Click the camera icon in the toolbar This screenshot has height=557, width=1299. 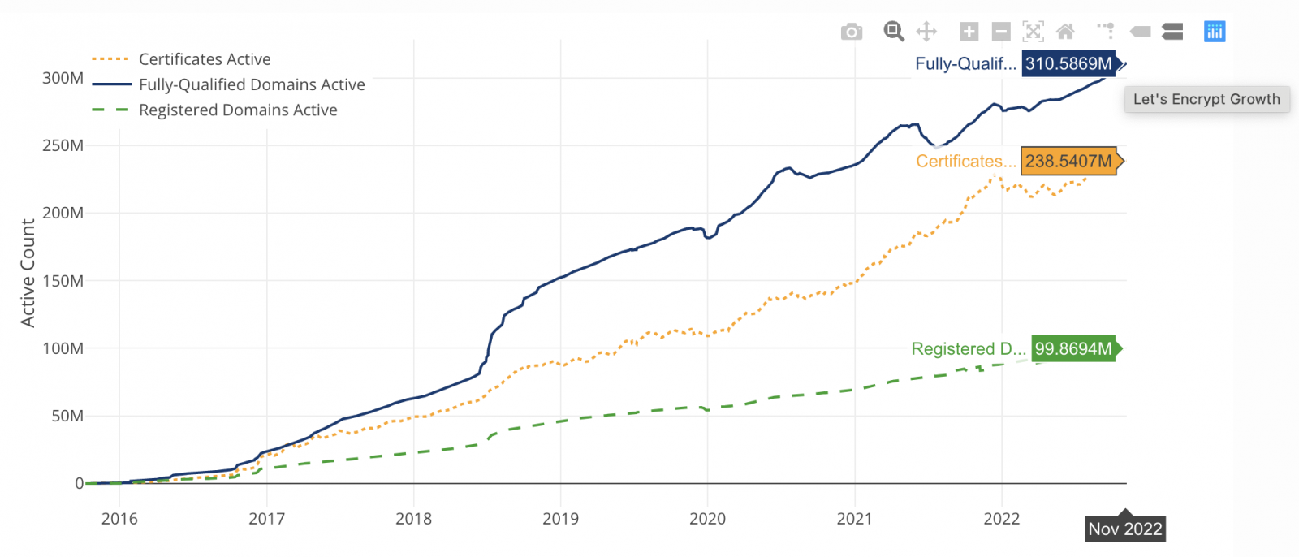click(851, 32)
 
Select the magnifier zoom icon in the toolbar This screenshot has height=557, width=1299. click(894, 32)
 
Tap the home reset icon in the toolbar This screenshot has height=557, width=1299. click(1065, 32)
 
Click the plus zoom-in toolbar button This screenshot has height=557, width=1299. click(969, 32)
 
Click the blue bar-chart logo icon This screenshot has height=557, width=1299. click(1215, 32)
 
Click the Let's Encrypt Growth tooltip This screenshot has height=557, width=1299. click(1206, 99)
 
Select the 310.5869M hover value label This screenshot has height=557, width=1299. click(1068, 63)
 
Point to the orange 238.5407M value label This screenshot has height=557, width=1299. click(1068, 161)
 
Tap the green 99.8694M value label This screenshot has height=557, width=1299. click(1072, 348)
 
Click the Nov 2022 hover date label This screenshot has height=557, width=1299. click(1125, 529)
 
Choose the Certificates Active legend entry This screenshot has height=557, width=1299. click(205, 59)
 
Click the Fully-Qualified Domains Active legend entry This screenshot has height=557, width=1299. click(252, 84)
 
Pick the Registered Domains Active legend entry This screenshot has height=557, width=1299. click(238, 110)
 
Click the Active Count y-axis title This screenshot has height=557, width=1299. click(28, 273)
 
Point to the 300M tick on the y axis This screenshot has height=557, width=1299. click(63, 78)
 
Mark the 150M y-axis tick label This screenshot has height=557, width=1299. click(63, 281)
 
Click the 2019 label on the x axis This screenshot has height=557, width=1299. click(560, 519)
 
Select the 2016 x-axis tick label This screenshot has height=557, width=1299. click(119, 519)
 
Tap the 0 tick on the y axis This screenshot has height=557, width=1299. click(79, 483)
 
